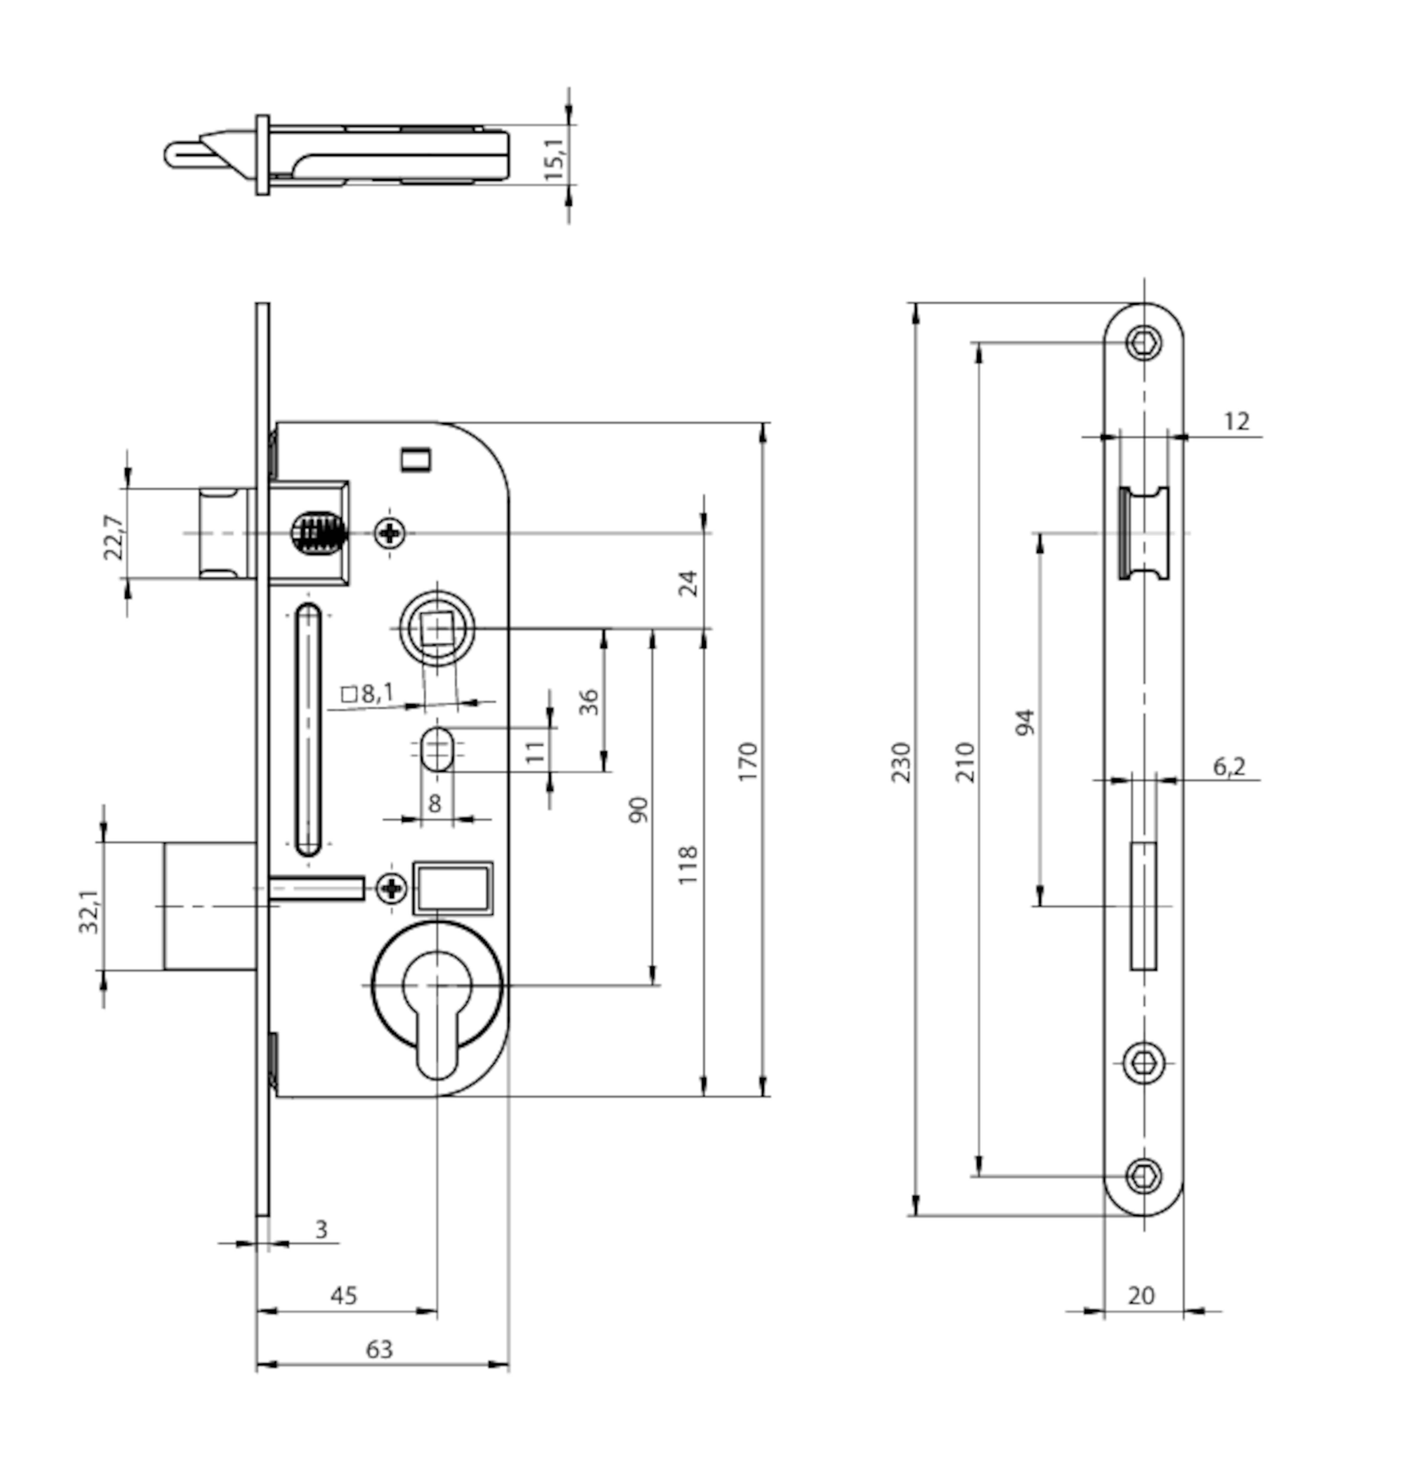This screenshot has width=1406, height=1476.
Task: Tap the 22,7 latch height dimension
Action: pyautogui.click(x=113, y=537)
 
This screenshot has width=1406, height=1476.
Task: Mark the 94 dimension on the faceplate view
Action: pyautogui.click(x=1025, y=721)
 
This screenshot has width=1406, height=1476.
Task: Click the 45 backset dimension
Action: pyautogui.click(x=344, y=1295)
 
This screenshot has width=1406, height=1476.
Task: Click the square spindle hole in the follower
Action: pyautogui.click(x=437, y=628)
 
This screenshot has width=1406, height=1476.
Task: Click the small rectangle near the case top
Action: pyautogui.click(x=416, y=459)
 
